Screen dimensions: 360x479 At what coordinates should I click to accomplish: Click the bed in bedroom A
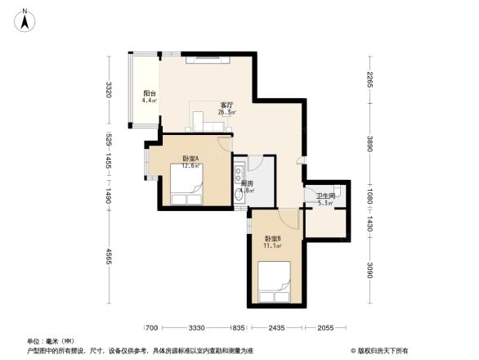[x=186, y=187]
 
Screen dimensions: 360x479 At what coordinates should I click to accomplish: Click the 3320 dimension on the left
[x=108, y=90]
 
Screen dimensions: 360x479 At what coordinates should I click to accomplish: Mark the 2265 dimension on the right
[x=369, y=81]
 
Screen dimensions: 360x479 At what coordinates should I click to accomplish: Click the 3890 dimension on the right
[x=369, y=145]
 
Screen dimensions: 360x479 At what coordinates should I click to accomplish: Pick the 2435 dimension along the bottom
[x=275, y=328]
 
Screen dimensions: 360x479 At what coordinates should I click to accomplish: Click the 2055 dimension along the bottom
[x=325, y=328]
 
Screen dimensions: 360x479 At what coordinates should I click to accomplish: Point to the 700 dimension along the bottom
[x=151, y=328]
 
